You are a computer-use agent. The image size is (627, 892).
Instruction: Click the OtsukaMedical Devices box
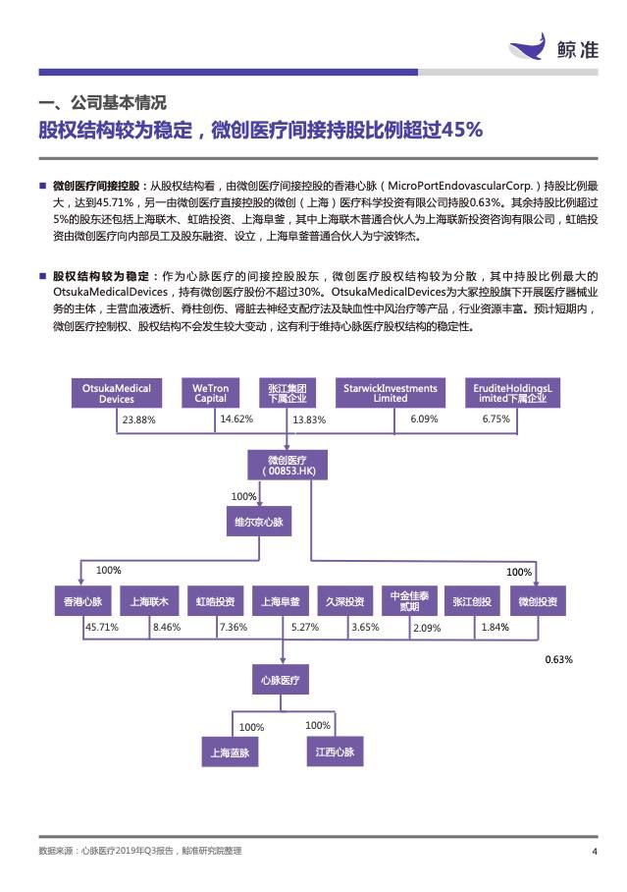tap(117, 393)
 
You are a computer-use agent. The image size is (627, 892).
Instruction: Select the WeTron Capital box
tap(210, 393)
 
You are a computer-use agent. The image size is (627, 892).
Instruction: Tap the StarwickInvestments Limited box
tap(390, 393)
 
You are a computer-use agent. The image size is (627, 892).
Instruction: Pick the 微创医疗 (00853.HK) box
tap(287, 465)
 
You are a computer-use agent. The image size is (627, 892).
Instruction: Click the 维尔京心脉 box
tap(259, 521)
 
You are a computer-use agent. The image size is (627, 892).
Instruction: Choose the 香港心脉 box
tap(83, 601)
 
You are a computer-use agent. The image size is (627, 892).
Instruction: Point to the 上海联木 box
tap(149, 601)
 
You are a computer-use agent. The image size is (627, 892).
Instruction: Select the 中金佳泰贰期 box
tap(409, 601)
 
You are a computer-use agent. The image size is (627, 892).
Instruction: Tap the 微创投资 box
tap(538, 601)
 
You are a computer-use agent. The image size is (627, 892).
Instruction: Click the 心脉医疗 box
tap(281, 679)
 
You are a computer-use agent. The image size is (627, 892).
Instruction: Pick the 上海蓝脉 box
tap(230, 753)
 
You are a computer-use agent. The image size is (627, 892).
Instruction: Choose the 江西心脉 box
tap(335, 752)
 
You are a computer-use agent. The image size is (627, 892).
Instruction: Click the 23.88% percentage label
tap(138, 419)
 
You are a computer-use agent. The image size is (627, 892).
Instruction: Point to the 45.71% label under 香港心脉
tap(102, 627)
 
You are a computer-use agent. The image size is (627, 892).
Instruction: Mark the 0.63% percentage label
tap(558, 659)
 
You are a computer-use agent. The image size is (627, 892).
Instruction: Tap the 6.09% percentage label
tap(424, 418)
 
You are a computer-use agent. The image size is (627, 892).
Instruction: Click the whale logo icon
tap(527, 45)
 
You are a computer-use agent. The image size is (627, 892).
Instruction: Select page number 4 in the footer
tap(595, 852)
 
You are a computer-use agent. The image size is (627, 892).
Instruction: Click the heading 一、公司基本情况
tap(102, 103)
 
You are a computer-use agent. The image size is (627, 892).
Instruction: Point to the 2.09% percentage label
tap(427, 628)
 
